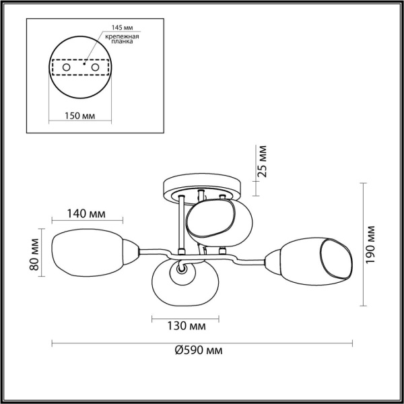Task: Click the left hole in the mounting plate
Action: pos(65,68)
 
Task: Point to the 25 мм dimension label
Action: pos(263,162)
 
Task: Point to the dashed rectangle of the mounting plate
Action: pos(80,68)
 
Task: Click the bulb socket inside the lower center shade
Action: pos(182,269)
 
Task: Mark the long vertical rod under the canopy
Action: pos(179,222)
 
